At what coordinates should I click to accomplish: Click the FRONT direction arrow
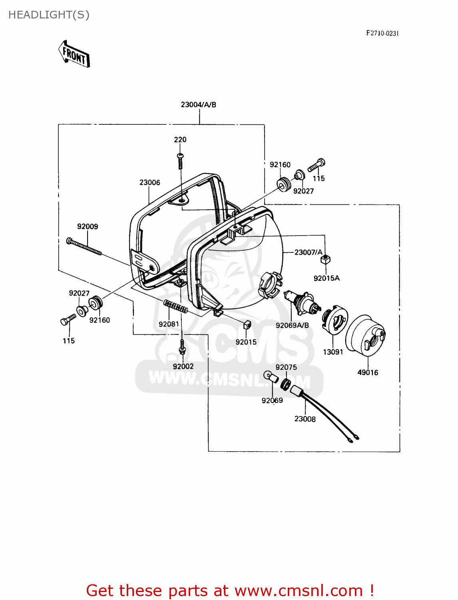[74, 54]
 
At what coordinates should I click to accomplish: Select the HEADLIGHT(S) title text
[49, 15]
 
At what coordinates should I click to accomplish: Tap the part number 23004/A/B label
[198, 105]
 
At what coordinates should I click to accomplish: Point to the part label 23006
[150, 183]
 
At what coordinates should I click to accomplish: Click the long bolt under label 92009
[84, 246]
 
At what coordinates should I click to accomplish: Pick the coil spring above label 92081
[175, 306]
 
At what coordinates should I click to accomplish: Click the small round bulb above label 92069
[271, 376]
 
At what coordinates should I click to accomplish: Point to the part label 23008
[305, 419]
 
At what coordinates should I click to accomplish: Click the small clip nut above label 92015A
[326, 260]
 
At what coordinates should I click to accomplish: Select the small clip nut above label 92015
[247, 325]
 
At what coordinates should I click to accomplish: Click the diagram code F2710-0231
[382, 34]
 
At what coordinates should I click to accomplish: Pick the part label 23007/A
[308, 252]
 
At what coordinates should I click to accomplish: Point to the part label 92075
[286, 368]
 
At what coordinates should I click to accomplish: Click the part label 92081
[169, 324]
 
